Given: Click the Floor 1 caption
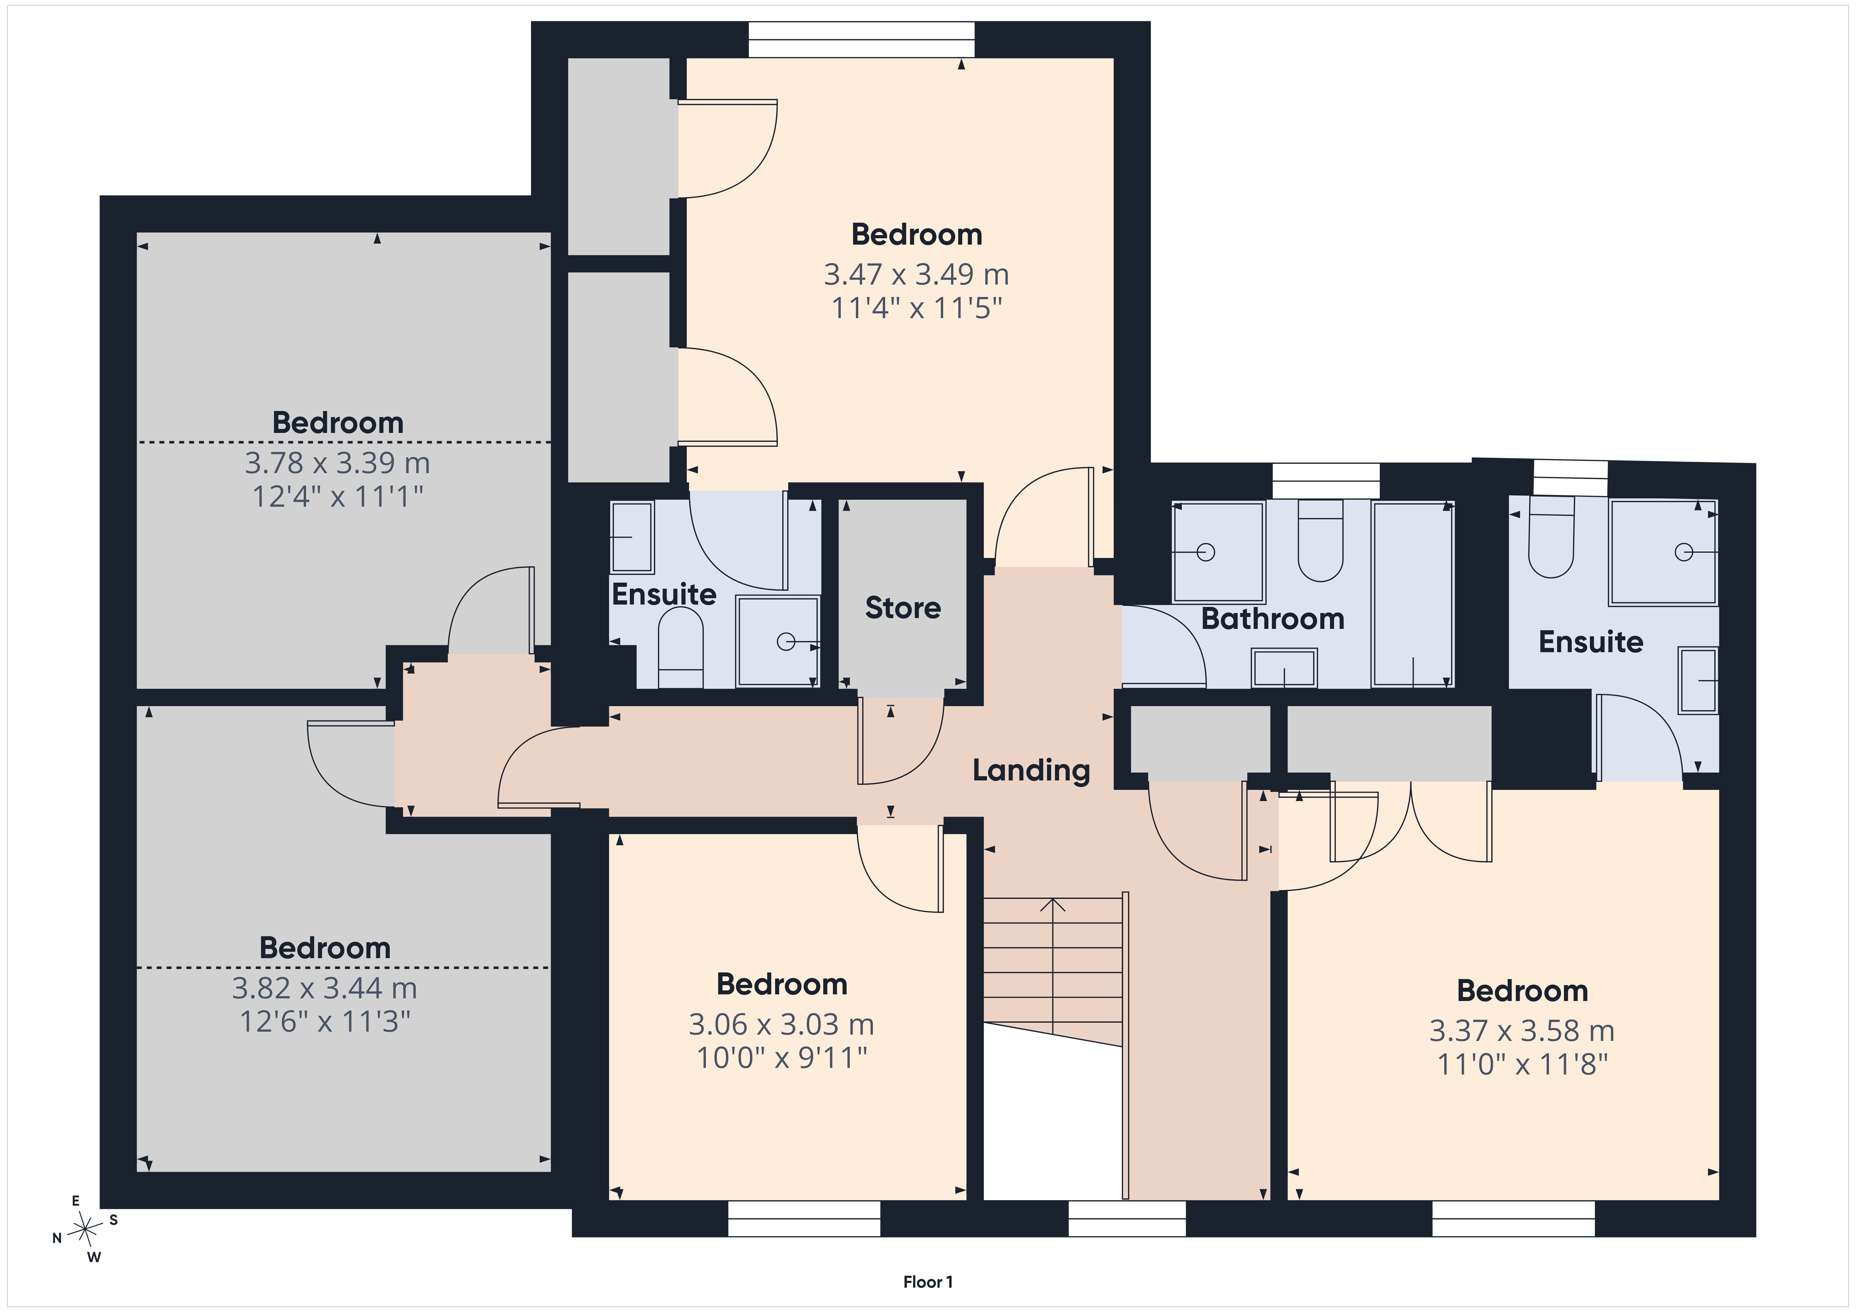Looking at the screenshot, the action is [928, 1282].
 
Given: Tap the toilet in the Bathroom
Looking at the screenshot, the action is [1320, 540].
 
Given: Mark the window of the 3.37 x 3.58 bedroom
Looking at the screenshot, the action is [1513, 1218].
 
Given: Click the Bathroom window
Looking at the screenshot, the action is [1326, 481].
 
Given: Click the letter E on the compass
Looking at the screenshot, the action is [76, 1201].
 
